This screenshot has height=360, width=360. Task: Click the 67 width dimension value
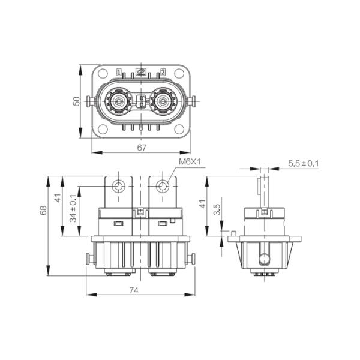point(142,148)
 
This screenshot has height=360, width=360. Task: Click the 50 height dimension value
point(76,101)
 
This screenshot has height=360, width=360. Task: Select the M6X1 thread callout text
point(190,162)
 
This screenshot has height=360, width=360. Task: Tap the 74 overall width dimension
point(134,290)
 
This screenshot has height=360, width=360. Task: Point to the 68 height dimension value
point(43,211)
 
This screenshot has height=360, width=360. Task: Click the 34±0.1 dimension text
point(73,208)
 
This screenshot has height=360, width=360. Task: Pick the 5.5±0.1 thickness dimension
point(304,163)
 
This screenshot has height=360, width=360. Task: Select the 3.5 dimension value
point(217,209)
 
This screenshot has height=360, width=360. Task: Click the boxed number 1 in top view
point(119,72)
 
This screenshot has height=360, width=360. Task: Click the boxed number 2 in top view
point(163,72)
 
